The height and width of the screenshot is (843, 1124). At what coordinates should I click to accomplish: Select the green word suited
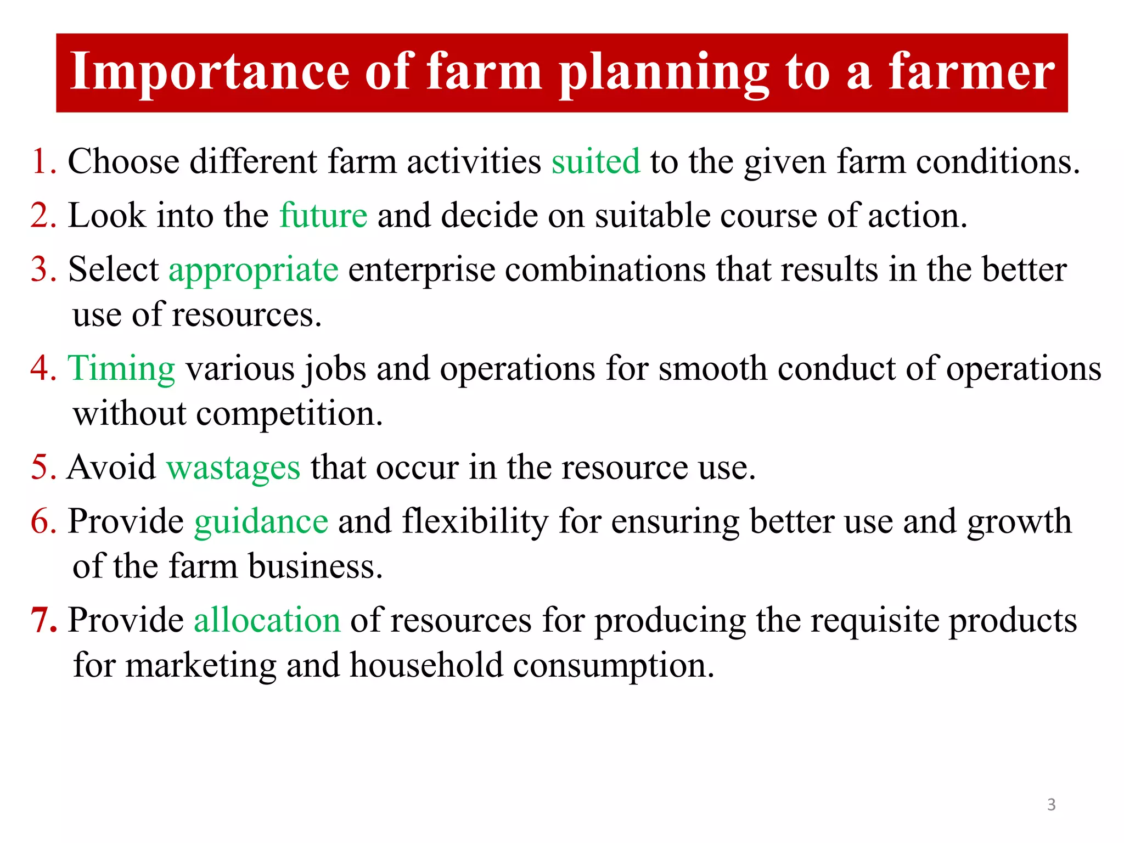(595, 162)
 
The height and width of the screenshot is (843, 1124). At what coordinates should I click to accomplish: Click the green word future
(323, 215)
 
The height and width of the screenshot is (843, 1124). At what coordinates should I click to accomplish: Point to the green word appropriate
(254, 271)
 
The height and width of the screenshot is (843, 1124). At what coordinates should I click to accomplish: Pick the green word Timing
(121, 368)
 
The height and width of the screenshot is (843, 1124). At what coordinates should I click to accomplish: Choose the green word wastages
(233, 468)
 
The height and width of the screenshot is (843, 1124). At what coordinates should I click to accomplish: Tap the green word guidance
(261, 521)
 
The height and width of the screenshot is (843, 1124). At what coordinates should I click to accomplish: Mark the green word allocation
(267, 621)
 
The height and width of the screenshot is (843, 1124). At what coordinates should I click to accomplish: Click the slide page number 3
(1051, 805)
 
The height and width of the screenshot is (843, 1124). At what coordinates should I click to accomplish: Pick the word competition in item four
(285, 414)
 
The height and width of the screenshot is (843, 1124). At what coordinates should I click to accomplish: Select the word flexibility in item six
(475, 521)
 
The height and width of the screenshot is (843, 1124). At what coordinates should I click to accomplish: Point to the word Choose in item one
(123, 162)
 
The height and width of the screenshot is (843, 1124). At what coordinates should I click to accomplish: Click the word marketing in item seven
(201, 666)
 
